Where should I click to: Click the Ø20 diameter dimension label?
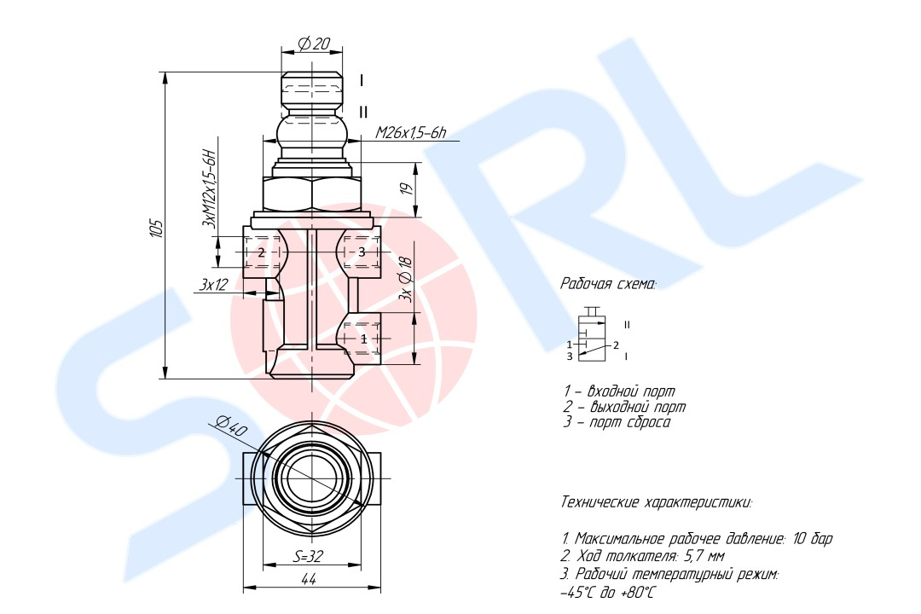(x=314, y=43)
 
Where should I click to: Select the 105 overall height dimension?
(x=156, y=228)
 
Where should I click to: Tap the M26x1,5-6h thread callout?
(x=410, y=133)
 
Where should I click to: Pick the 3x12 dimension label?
(x=212, y=285)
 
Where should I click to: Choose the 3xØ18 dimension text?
(x=405, y=279)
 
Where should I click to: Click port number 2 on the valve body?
(x=262, y=252)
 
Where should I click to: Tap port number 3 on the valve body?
(x=362, y=252)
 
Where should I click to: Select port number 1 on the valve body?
(x=363, y=339)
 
